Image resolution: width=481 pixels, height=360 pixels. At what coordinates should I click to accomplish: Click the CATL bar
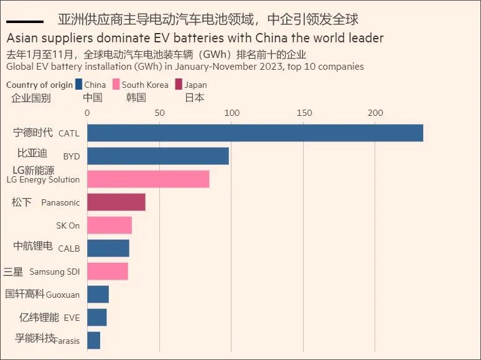pos(255,133)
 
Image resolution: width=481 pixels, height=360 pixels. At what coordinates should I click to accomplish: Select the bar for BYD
pos(158,156)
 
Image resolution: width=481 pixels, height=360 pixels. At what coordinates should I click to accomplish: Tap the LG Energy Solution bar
pos(148,179)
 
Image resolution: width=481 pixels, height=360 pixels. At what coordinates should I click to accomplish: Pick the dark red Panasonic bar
pos(116,202)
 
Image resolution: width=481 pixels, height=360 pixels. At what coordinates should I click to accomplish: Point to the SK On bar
pos(110,225)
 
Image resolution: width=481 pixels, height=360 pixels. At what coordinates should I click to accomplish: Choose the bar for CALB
pos(108,248)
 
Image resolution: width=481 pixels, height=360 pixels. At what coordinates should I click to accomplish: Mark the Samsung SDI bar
pos(108,271)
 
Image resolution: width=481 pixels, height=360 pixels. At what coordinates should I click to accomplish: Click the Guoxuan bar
pos(98,294)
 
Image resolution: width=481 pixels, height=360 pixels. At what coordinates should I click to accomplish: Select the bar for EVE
pos(97,317)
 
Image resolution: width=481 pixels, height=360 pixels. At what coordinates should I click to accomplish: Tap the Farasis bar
pos(94,340)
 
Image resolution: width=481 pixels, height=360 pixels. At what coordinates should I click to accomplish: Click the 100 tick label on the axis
pos(232,113)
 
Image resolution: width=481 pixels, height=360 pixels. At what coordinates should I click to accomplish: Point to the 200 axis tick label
pos(375,113)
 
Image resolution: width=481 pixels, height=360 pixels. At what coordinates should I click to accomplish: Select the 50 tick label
pos(159,113)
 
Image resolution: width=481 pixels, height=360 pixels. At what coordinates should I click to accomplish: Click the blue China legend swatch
pos(78,85)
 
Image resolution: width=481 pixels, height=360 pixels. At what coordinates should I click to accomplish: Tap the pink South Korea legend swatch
pos(116,85)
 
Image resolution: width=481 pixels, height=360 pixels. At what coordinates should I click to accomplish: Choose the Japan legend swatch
pos(179,85)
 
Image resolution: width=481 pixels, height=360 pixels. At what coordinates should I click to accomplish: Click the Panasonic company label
pos(60,202)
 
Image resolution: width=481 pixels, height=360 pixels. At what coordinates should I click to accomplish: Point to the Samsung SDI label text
pos(55,272)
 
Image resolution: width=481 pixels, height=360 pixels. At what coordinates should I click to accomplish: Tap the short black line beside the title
pos(24,22)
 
